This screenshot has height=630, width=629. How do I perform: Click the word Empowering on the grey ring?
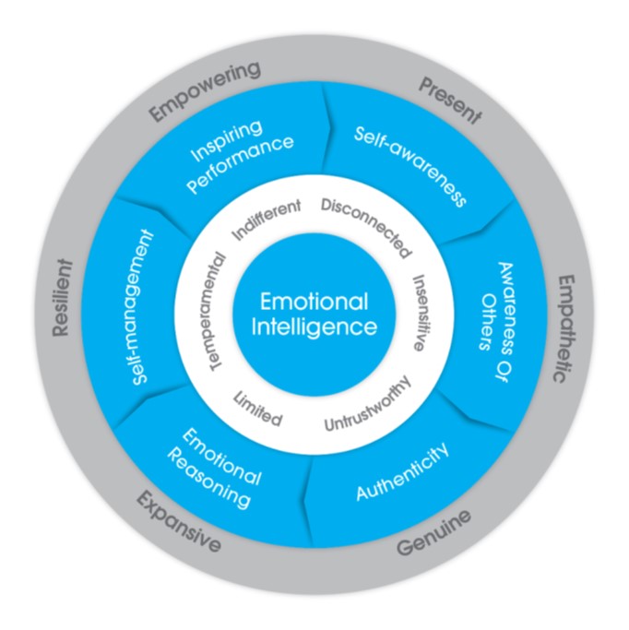[205, 90]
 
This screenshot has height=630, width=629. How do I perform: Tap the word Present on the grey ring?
[450, 101]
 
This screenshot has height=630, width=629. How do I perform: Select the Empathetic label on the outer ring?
[564, 328]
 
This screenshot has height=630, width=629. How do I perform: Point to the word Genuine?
[433, 533]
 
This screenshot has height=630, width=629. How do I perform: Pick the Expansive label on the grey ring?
[178, 522]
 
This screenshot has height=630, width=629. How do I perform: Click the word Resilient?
[63, 298]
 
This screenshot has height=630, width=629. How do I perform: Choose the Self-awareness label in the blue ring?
[410, 166]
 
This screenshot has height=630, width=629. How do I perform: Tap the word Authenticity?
[402, 471]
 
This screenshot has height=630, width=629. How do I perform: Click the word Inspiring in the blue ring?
[227, 141]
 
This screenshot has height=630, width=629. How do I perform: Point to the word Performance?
[241, 164]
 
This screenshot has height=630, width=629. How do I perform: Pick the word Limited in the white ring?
[257, 409]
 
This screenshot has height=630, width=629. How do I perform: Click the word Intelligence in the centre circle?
[314, 327]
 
